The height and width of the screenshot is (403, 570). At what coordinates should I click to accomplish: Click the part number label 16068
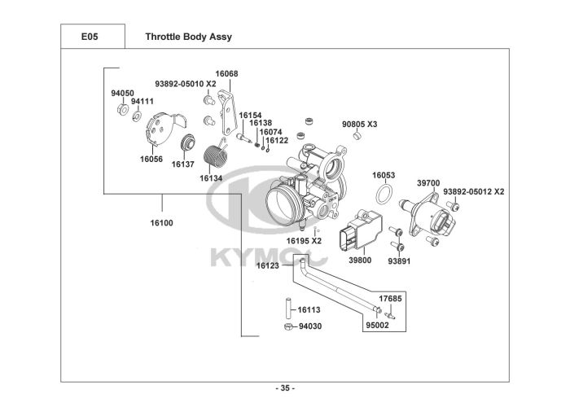(226, 74)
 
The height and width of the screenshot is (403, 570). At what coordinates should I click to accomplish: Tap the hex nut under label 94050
(122, 109)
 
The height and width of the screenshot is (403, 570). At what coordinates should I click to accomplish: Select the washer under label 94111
(137, 116)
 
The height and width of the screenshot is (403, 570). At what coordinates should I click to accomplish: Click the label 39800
(360, 261)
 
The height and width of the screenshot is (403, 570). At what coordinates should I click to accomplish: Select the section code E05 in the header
(90, 37)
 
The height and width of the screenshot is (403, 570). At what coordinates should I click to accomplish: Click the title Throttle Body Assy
(188, 37)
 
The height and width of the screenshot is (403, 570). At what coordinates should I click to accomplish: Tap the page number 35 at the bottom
(285, 388)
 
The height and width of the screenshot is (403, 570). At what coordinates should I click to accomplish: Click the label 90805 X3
(360, 124)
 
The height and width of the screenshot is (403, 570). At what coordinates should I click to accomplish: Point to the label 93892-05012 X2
(474, 191)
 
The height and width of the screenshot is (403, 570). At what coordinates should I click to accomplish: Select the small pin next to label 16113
(288, 308)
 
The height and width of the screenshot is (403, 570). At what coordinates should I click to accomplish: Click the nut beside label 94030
(288, 326)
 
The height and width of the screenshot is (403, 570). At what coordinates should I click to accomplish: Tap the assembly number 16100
(162, 223)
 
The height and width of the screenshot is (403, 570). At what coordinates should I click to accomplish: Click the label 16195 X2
(304, 241)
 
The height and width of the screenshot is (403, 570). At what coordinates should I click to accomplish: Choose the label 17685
(390, 299)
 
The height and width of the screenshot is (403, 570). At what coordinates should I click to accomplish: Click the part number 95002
(377, 325)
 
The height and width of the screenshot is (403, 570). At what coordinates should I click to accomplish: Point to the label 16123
(268, 265)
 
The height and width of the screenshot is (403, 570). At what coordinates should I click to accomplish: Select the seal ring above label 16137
(189, 142)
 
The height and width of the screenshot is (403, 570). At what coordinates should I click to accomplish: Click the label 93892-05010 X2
(186, 84)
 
